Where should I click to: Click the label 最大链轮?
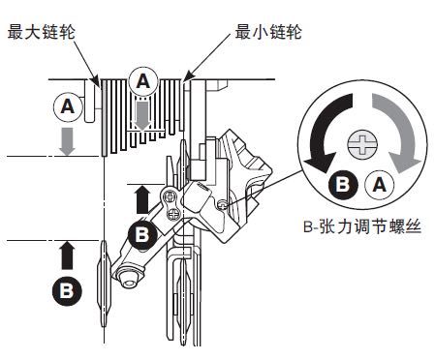pos(41,32)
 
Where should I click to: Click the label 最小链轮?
pos(268,32)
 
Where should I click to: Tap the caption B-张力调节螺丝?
pos(362,226)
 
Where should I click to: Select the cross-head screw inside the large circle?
pos(362,144)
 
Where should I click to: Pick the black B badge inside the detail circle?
pos(343,185)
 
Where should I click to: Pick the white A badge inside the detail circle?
pos(380,185)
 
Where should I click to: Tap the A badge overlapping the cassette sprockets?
pos(143,81)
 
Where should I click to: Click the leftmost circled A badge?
pos(68,106)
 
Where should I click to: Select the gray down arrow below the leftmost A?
pos(67,141)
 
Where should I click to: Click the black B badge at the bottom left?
pos(67,290)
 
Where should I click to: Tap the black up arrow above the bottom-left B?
pos(67,255)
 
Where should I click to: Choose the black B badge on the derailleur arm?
pos(142,234)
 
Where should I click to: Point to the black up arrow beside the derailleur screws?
pos(142,199)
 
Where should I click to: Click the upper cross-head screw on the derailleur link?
pos(171,196)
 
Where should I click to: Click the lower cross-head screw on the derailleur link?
pos(174,213)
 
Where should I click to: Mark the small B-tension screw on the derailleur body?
pos(223,204)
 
